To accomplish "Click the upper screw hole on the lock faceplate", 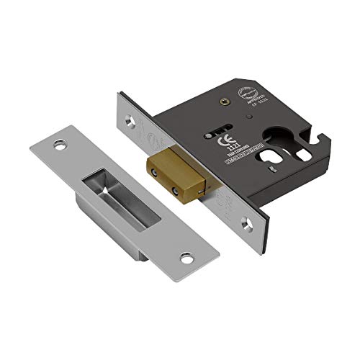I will (129, 122).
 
